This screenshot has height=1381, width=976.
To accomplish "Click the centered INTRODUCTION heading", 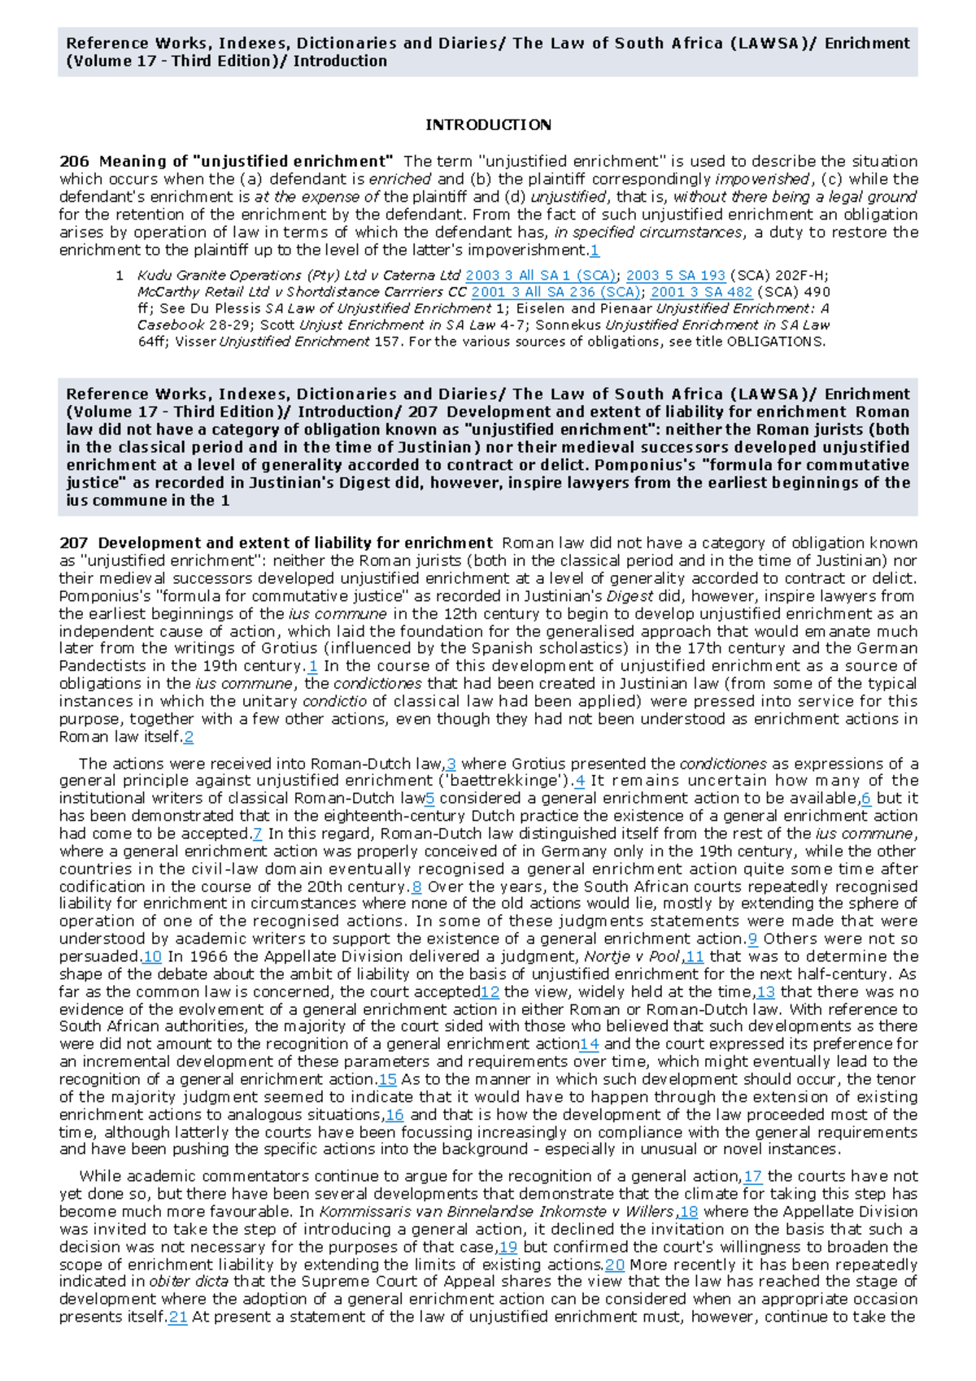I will (488, 124).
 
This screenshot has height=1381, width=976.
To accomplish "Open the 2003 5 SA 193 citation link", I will (675, 276).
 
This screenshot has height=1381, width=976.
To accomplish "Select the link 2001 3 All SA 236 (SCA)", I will (556, 292).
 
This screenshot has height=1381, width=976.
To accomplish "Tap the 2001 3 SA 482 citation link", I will (701, 292).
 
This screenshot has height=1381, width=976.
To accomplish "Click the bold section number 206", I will (74, 161).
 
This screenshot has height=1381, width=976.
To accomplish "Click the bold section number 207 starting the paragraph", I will (74, 543).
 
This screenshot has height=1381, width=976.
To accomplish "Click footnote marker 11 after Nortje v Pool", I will (694, 956).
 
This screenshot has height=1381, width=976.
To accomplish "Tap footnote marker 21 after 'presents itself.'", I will (178, 1317).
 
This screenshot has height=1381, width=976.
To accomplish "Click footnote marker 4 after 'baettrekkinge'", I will (579, 781).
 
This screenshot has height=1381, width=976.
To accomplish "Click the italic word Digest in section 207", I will (630, 596).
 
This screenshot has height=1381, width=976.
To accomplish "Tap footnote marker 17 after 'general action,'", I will (752, 1176).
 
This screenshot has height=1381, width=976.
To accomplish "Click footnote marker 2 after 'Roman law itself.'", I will (189, 737).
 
